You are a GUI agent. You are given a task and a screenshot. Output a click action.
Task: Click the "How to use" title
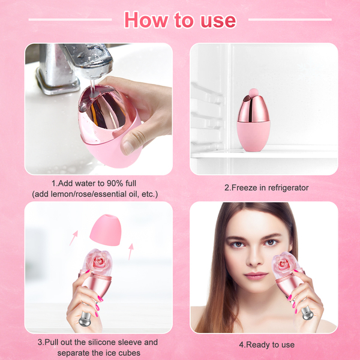(180, 20)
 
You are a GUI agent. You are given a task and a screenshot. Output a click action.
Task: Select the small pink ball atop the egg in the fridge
(253, 92)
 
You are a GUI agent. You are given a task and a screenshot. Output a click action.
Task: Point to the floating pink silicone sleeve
(106, 230)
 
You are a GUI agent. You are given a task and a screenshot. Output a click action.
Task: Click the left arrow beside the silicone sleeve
(74, 238)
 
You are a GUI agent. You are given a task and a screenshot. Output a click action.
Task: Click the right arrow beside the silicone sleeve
(131, 251)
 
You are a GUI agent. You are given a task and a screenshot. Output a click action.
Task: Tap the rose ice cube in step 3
(98, 262)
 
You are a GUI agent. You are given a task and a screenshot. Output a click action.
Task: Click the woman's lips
(256, 275)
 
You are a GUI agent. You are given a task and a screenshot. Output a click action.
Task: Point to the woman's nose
(254, 258)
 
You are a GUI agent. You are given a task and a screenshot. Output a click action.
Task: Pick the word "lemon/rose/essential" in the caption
(88, 194)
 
